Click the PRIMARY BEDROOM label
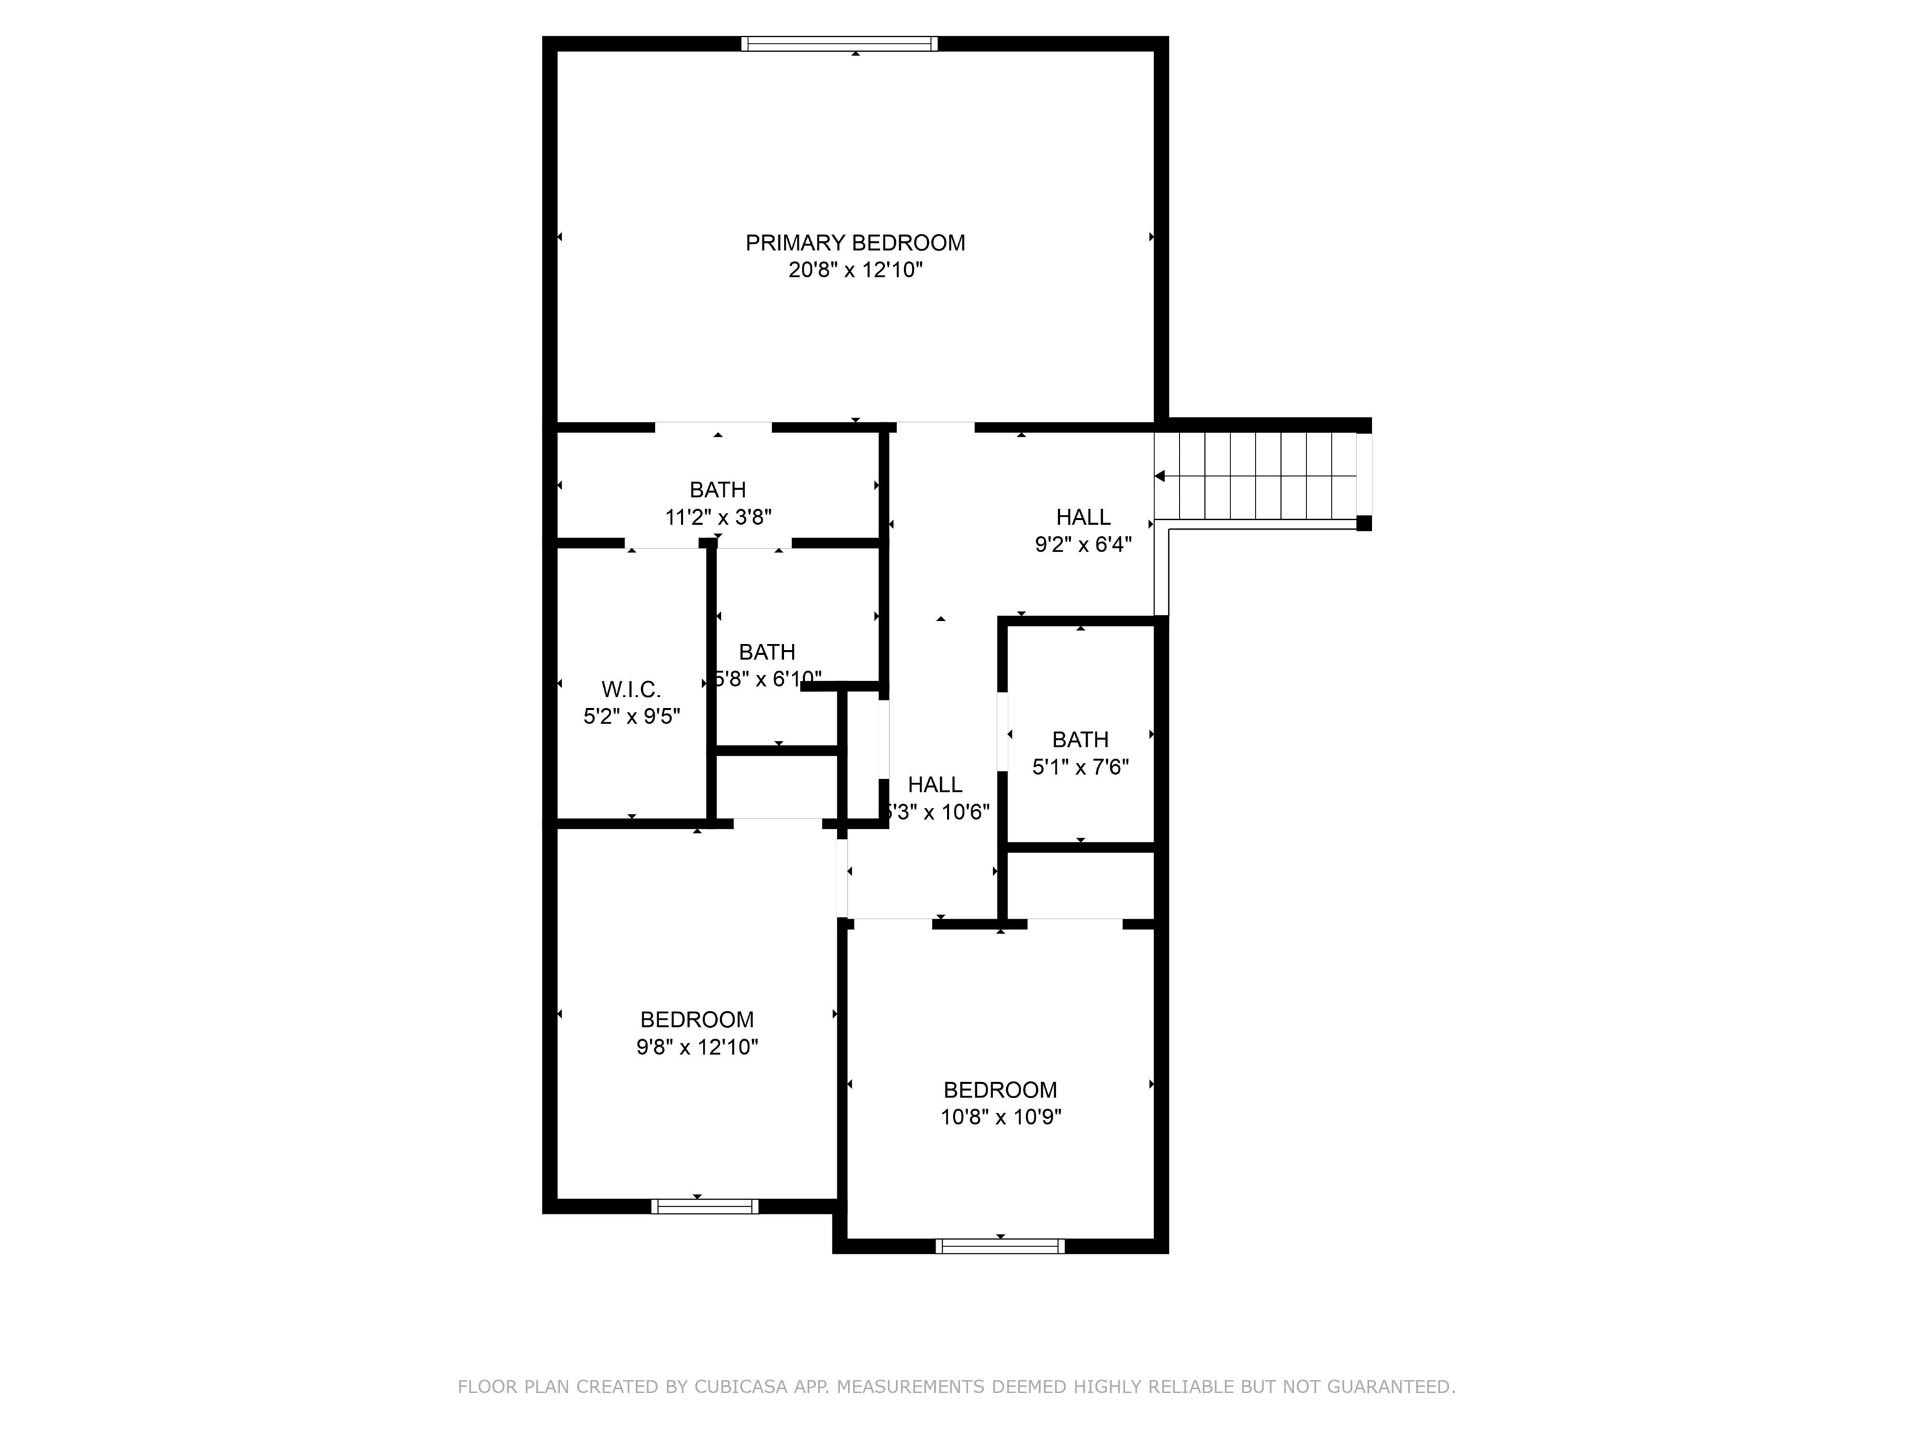[x=855, y=243]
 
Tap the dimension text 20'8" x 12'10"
[x=855, y=270]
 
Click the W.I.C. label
[x=631, y=690]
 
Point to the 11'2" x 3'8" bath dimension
[x=717, y=517]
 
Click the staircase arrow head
[x=1160, y=476]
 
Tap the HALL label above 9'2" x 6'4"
[x=1082, y=517]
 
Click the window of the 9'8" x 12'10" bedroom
[x=704, y=1206]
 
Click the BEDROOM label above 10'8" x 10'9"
[x=999, y=1089]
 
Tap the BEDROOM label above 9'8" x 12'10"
[x=697, y=1020]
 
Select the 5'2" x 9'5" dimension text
[x=631, y=717]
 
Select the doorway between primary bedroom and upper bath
[x=713, y=427]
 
